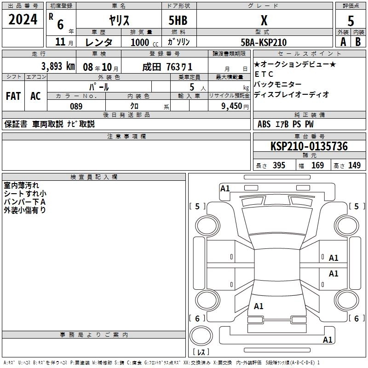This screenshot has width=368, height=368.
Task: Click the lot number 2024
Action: click(x=23, y=19)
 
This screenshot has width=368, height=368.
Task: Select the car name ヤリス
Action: click(x=119, y=20)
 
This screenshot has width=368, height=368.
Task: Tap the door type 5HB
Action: click(x=178, y=20)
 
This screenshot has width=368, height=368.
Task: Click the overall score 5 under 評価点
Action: click(x=351, y=21)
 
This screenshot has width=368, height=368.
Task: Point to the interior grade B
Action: click(x=358, y=42)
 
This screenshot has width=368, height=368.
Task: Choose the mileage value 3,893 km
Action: click(x=58, y=66)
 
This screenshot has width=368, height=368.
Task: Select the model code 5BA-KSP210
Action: click(x=264, y=42)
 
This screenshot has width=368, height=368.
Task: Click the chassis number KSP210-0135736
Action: click(x=309, y=146)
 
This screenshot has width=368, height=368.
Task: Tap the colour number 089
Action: click(x=76, y=106)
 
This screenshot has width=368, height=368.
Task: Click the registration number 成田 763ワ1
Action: click(x=167, y=67)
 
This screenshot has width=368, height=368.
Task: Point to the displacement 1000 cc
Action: click(x=144, y=42)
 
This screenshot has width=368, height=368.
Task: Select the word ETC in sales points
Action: click(x=264, y=74)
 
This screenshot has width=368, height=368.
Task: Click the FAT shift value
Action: click(x=13, y=96)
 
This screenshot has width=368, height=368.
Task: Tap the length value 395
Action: click(x=279, y=165)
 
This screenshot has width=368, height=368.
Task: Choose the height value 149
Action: click(x=354, y=165)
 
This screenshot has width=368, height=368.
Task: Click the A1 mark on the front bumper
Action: click(x=225, y=189)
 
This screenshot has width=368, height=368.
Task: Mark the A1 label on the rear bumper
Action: click(x=328, y=340)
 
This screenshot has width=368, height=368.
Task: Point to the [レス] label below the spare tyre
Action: click(x=201, y=352)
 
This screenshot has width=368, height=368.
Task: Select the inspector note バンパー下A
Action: click(x=25, y=202)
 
